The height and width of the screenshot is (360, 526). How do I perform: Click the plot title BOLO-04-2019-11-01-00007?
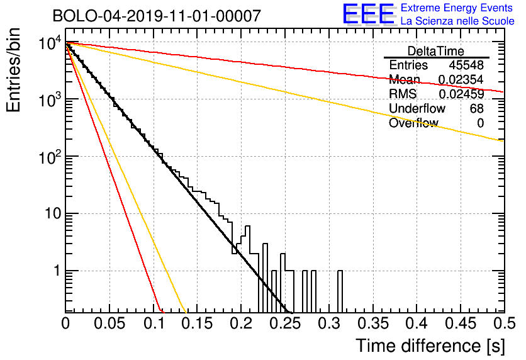[x=157, y=16]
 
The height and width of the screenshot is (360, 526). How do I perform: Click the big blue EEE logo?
[x=369, y=14]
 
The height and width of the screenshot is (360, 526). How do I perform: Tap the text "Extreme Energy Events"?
[x=457, y=8]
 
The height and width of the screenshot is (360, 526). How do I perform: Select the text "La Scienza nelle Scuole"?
[x=457, y=21]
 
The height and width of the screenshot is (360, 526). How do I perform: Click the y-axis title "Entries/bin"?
[x=13, y=70]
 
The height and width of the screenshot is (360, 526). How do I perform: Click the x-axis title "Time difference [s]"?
[x=430, y=346]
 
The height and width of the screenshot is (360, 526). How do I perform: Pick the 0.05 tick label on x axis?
[x=109, y=323]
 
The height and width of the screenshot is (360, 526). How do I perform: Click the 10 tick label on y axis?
[x=53, y=213]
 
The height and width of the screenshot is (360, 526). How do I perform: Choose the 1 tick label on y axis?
[x=58, y=271]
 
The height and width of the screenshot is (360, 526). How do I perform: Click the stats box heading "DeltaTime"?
[x=436, y=51]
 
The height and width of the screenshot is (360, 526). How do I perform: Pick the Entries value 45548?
[x=466, y=65]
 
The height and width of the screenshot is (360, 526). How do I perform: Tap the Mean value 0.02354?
[x=461, y=79]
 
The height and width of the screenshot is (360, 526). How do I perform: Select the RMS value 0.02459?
[x=462, y=94]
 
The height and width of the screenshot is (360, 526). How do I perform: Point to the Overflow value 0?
[x=480, y=123]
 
